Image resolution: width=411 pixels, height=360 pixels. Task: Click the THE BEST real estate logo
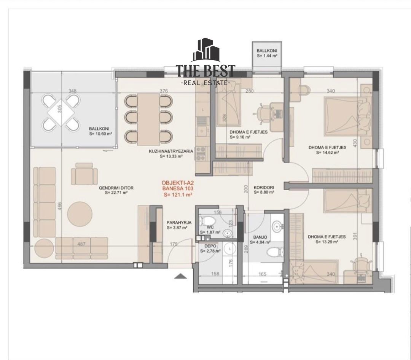tap(205, 62)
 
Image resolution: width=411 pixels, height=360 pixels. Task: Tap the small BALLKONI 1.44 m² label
tap(267, 53)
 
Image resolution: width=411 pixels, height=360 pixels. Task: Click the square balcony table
tap(61, 113)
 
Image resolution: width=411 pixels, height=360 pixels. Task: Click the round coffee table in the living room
tap(80, 213)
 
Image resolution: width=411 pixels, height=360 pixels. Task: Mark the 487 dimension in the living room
tap(81, 244)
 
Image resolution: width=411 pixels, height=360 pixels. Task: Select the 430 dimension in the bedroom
tap(355, 143)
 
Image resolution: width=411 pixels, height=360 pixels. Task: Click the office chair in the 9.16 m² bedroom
tap(262, 114)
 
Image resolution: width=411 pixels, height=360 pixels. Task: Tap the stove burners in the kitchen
tap(201, 154)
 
